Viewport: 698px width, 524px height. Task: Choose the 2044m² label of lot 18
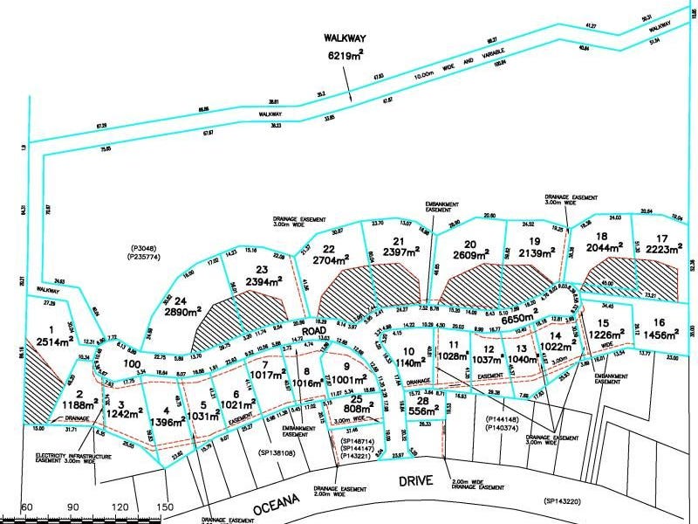coord(600,248)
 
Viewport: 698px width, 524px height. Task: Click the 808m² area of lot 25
coord(357,409)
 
